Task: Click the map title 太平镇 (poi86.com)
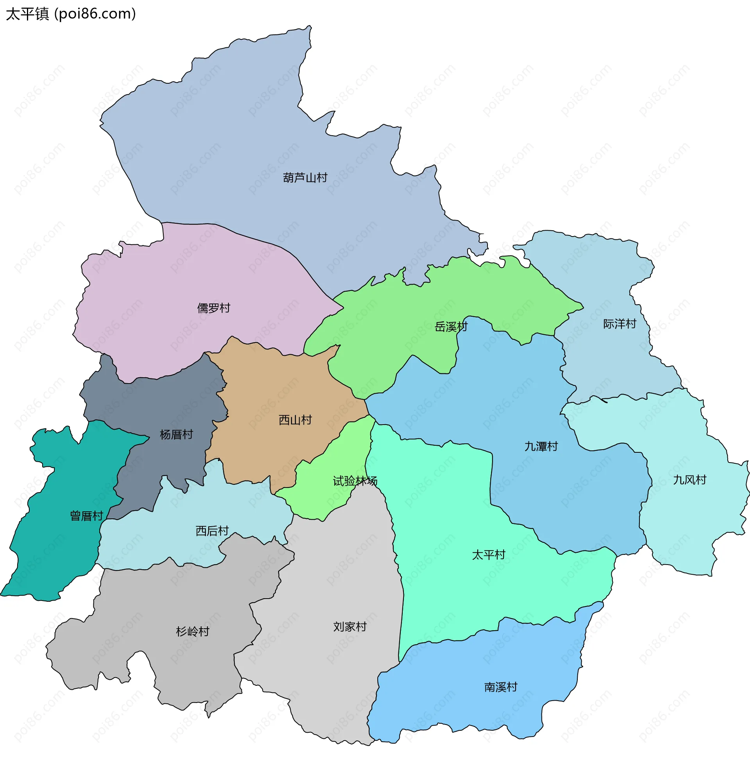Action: (71, 14)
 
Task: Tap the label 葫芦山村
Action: (305, 178)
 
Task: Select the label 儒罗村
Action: (214, 308)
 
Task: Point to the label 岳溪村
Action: (451, 327)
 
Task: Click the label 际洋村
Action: (620, 324)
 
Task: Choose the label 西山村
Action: (295, 420)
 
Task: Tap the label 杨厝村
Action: (176, 435)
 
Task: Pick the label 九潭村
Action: (541, 446)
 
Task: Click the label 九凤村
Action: (689, 480)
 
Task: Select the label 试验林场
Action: (355, 481)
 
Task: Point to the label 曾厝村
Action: (86, 516)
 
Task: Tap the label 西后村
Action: (212, 531)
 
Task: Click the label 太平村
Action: (488, 555)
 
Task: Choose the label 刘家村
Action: (350, 627)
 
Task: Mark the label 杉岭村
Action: (192, 632)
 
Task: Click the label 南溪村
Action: (500, 687)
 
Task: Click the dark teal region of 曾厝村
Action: (59, 552)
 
